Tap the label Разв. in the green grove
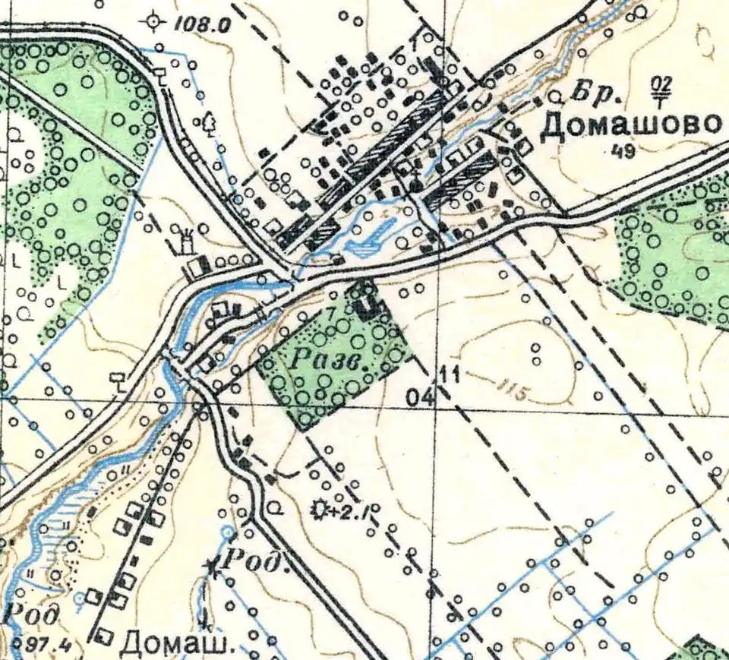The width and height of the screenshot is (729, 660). tap(327, 363)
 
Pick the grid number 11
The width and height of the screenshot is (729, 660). tap(450, 373)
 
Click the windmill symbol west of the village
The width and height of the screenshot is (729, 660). tap(183, 238)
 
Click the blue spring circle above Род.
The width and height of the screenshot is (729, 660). tap(228, 533)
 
